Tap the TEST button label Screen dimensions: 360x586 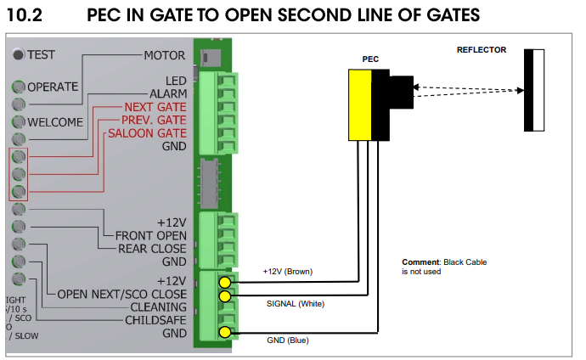coord(41,55)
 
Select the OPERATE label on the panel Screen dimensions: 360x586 coord(53,87)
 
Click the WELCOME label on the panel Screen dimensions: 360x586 coord(55,121)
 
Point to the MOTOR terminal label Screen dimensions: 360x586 coord(164,55)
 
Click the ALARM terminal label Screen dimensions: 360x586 coord(168,93)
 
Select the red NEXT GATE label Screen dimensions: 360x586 coord(155,107)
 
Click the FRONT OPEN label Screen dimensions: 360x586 coord(150,235)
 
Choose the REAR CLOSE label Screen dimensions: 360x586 coord(152,248)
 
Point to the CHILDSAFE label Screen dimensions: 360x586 coord(153,320)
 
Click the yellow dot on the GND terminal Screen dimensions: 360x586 coord(224,333)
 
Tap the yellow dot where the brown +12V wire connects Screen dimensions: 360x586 coord(224,282)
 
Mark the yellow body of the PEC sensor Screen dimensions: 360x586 coord(360,105)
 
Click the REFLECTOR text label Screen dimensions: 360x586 coord(481,50)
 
